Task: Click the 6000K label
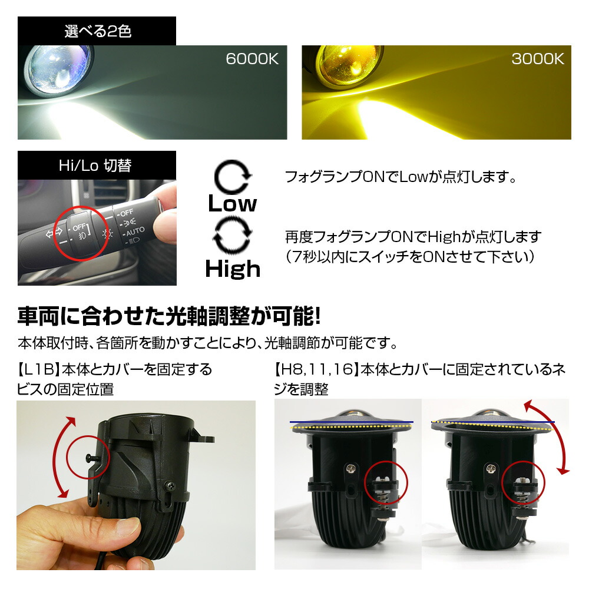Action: point(252,59)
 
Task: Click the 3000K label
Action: point(538,59)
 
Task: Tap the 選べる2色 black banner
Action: point(97,31)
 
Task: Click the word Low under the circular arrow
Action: point(233,204)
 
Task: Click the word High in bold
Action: point(233,269)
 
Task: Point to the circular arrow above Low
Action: point(233,176)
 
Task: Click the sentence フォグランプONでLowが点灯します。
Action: point(400,177)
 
